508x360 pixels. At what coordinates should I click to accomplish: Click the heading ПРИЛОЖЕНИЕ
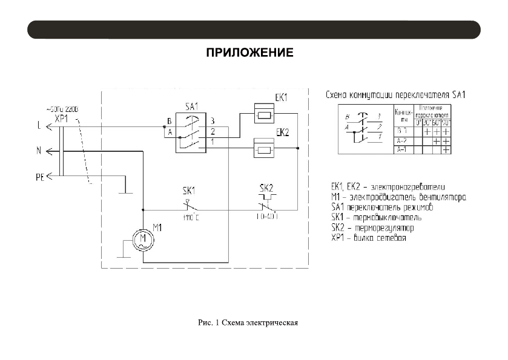[x=250, y=53]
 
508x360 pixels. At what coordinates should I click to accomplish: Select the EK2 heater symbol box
[x=263, y=148]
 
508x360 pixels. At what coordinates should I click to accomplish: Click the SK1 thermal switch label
[x=189, y=188]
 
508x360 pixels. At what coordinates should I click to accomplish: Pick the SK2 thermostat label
[x=267, y=188]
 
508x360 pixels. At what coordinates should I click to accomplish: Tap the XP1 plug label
[x=62, y=118]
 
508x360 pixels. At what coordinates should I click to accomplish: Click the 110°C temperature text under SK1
[x=191, y=216]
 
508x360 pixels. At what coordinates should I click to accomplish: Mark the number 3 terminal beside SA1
[x=213, y=122]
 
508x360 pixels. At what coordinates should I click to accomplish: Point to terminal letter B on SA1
[x=170, y=122]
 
